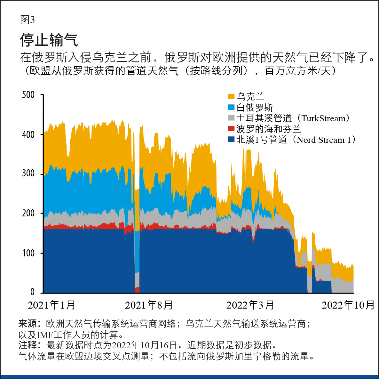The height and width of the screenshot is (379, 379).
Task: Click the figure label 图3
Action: [x=28, y=20]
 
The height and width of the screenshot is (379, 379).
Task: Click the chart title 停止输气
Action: [x=49, y=40]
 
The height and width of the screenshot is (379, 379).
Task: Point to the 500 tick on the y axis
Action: [x=28, y=95]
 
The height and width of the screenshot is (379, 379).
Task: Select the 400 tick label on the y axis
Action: [x=28, y=134]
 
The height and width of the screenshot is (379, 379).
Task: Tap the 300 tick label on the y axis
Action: [x=28, y=173]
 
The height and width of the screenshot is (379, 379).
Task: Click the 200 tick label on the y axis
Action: [x=28, y=213]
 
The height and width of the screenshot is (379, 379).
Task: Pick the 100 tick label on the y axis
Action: [x=28, y=253]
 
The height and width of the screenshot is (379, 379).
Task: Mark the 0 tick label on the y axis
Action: [x=32, y=292]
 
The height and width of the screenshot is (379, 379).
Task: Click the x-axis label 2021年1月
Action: [x=51, y=305]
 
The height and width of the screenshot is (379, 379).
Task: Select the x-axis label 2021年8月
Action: [x=149, y=305]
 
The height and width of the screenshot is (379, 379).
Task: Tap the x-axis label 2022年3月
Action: [x=250, y=305]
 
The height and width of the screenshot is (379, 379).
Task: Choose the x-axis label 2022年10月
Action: [x=348, y=305]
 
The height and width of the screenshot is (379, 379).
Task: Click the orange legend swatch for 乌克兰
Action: [x=231, y=96]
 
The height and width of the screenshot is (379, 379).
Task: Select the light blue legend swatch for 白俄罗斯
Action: [x=231, y=107]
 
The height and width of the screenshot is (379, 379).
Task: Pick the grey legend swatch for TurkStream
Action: [x=231, y=118]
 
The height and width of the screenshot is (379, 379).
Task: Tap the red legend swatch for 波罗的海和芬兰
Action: [x=231, y=129]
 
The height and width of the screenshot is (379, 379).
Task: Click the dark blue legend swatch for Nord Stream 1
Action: [x=231, y=140]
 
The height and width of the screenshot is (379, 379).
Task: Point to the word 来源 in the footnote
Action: [x=28, y=324]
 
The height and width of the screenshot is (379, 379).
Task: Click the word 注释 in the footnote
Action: [x=28, y=345]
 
